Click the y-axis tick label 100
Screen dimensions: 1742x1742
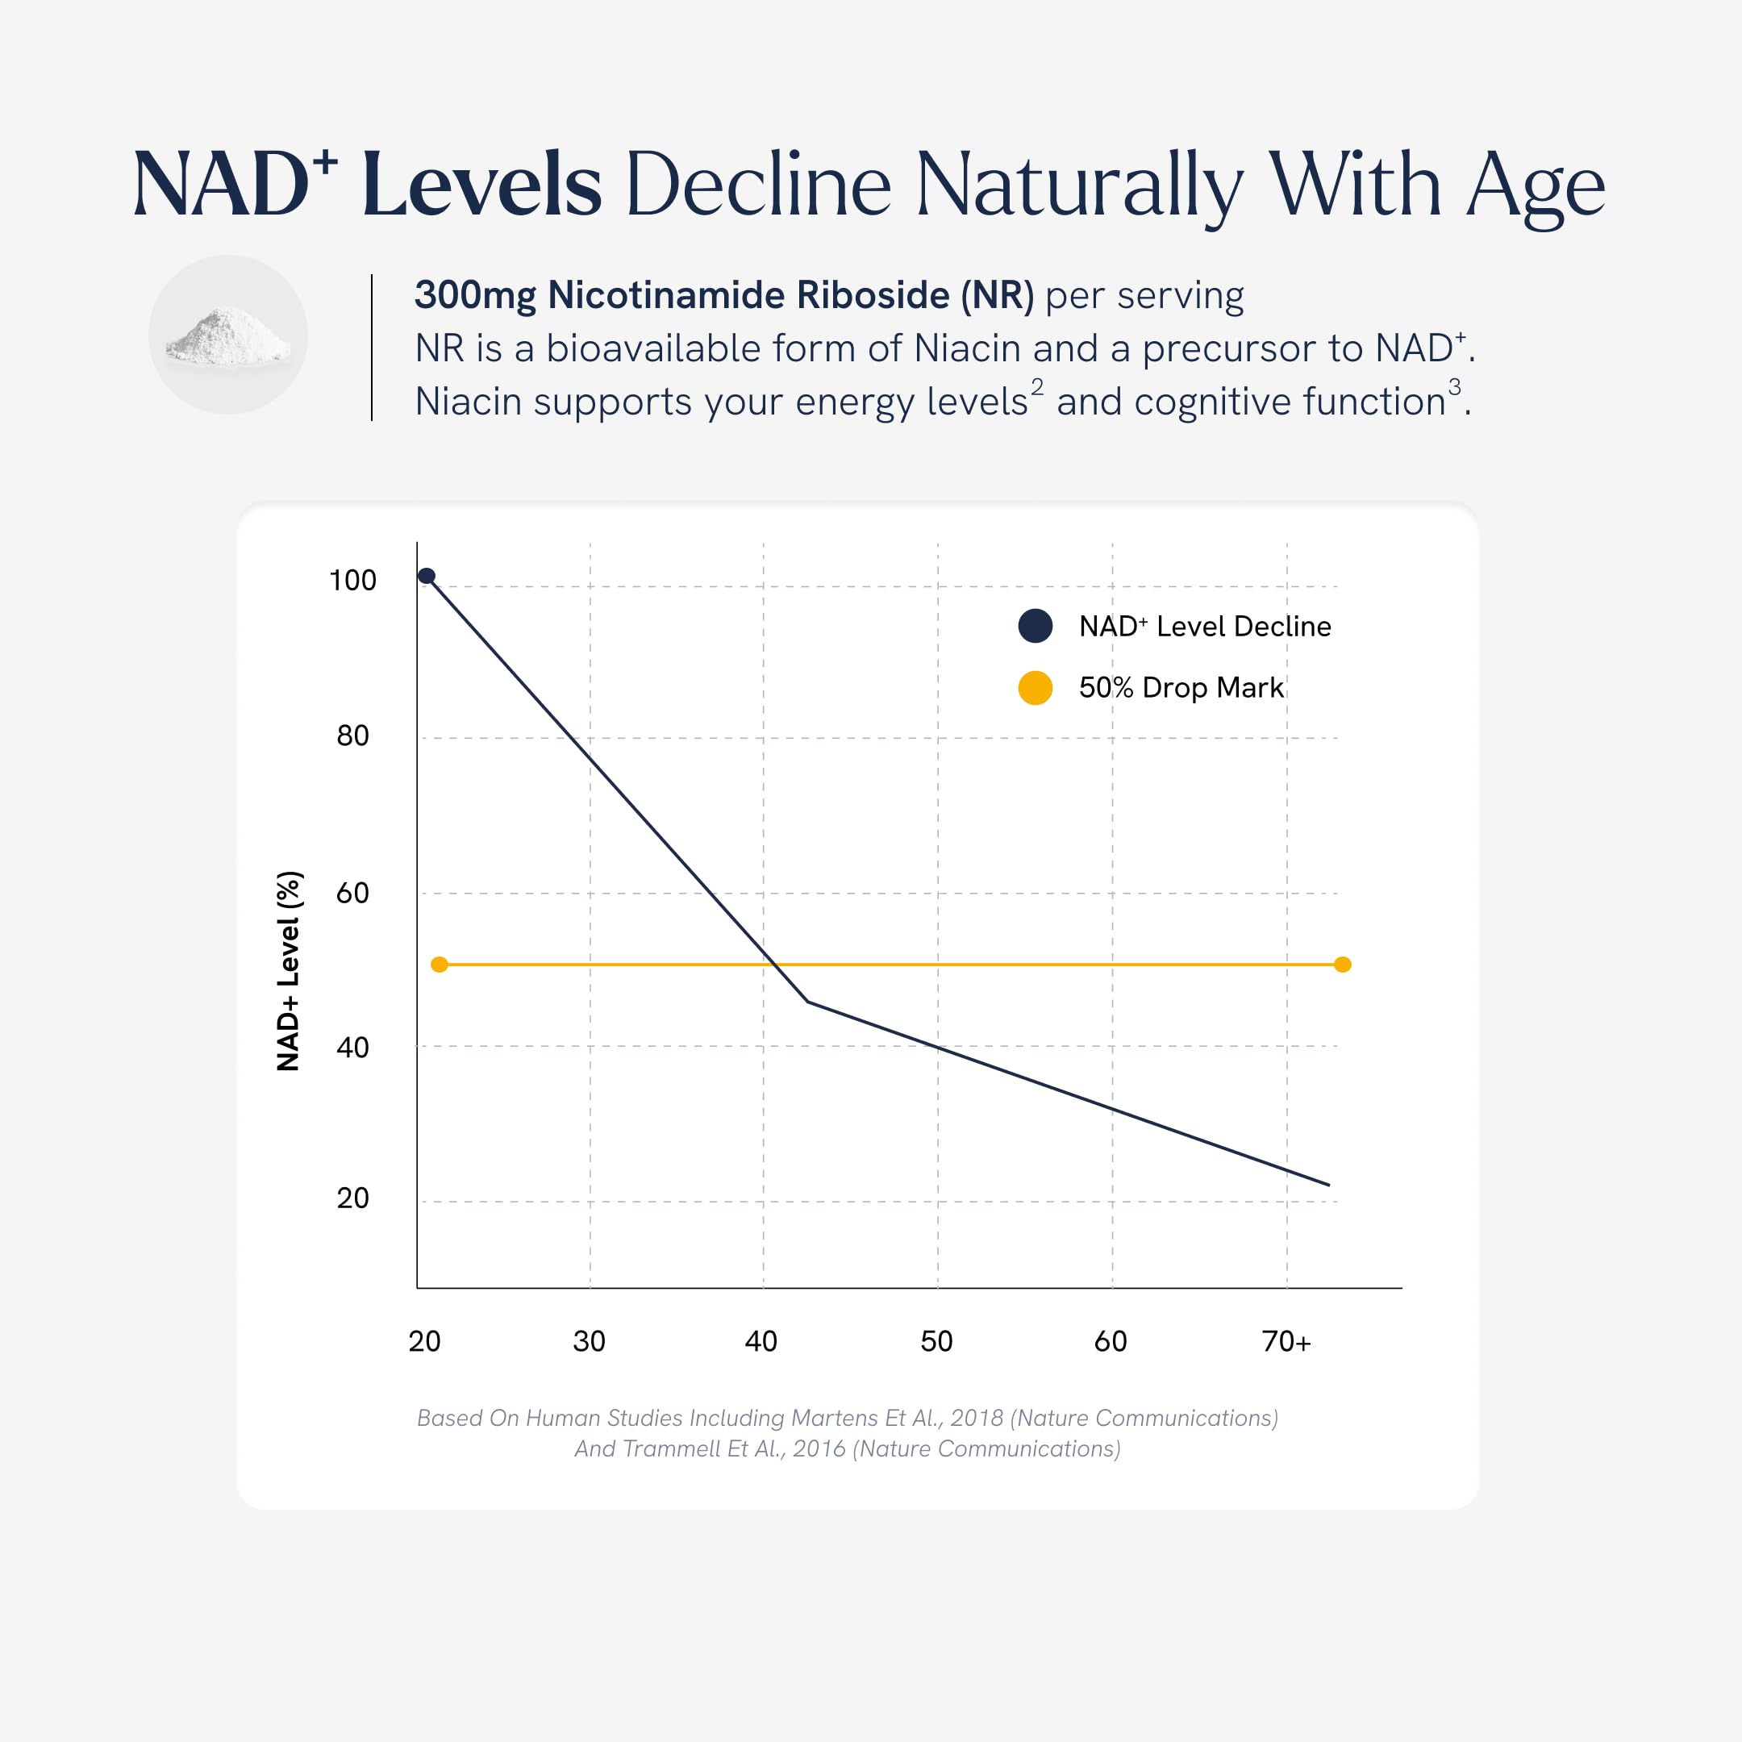tap(352, 580)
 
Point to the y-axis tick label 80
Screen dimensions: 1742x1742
tap(352, 736)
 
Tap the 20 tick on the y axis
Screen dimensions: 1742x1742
tap(352, 1198)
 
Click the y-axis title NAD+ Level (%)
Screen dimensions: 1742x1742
tap(288, 971)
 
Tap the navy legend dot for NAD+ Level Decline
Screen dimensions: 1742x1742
tap(1035, 626)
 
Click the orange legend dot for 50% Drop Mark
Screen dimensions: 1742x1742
tap(1035, 688)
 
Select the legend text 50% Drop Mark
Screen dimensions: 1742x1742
tap(1181, 688)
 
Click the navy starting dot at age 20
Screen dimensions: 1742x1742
tap(427, 576)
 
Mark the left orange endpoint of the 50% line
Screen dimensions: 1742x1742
tap(439, 965)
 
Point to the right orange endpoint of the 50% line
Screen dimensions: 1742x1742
tap(1343, 965)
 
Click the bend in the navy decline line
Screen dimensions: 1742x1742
tap(808, 1002)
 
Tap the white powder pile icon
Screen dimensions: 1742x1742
tap(228, 335)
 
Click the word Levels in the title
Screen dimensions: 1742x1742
tap(481, 185)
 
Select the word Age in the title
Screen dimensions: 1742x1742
tap(1536, 190)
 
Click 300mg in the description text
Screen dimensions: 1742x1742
tap(475, 296)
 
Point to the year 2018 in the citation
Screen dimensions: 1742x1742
tap(977, 1418)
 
